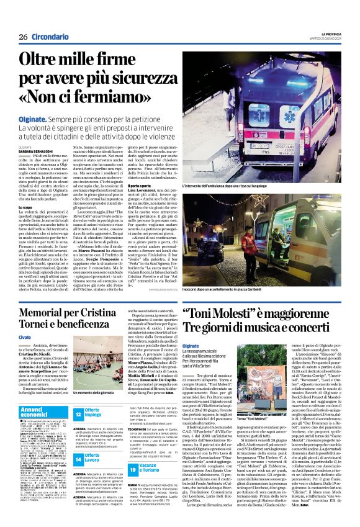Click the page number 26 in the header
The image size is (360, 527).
tap(23, 37)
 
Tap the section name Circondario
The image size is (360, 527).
tap(49, 37)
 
